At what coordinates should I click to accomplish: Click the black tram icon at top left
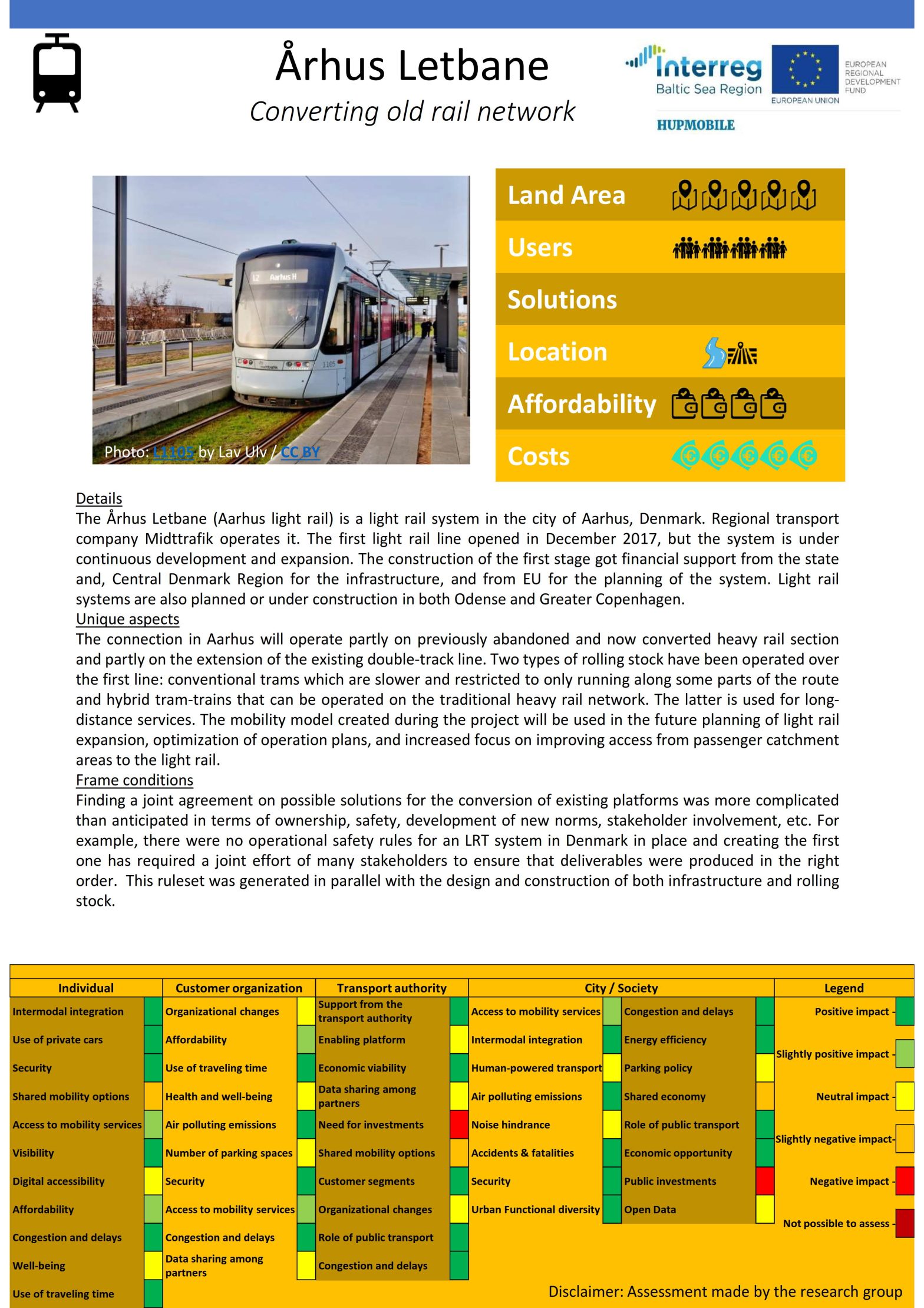pos(57,73)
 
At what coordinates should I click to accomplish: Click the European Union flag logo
pos(805,70)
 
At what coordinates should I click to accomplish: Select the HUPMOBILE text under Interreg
pos(695,125)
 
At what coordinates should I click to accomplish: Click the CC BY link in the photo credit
pos(300,452)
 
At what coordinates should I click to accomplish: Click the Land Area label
pos(566,195)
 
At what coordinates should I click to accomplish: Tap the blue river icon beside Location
pos(714,353)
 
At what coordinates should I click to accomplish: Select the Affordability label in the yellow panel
pos(582,404)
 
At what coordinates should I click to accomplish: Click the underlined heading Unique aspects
pos(127,619)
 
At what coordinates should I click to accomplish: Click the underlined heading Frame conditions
pos(134,780)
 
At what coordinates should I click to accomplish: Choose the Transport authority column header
pos(391,988)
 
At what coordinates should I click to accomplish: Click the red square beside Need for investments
pos(459,1125)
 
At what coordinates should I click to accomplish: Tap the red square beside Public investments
pos(765,1181)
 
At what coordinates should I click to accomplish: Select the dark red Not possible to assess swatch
pos(905,1223)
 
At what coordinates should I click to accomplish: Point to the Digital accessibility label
pos(58,1181)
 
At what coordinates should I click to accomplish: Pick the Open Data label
pos(650,1210)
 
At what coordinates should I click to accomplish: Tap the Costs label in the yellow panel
pos(539,456)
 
